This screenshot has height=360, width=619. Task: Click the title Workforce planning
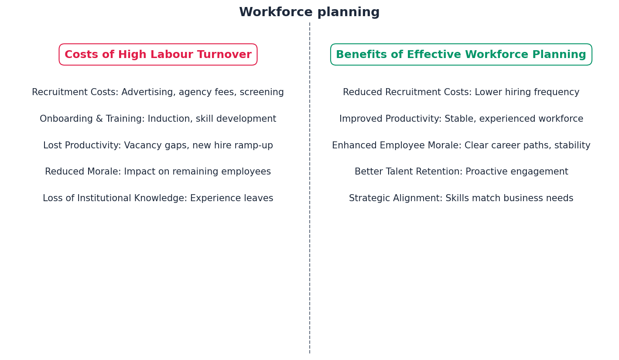[309, 12]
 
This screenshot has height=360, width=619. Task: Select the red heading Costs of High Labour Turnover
[158, 55]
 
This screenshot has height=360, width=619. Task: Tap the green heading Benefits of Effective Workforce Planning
[461, 55]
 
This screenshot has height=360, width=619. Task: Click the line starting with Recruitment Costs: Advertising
[158, 93]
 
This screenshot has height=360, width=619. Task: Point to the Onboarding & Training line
[158, 119]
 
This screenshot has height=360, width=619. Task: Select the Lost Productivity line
[158, 146]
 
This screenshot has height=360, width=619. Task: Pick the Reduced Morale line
[158, 172]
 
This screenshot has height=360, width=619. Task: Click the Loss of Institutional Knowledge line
[158, 199]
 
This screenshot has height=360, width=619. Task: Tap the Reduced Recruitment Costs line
[461, 93]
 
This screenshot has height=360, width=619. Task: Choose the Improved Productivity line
[461, 119]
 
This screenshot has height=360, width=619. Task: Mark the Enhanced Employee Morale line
[461, 146]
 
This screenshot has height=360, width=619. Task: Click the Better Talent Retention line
[461, 172]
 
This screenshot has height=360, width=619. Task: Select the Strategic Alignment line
[461, 199]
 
